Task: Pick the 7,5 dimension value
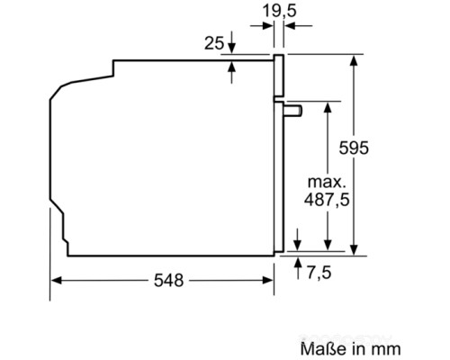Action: (x=326, y=269)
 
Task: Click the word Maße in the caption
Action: (x=317, y=346)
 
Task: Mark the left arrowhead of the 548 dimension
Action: (x=54, y=280)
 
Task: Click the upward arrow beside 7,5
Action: (x=298, y=261)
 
